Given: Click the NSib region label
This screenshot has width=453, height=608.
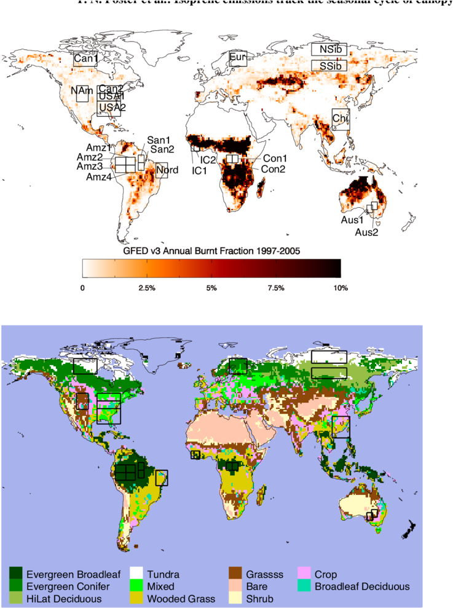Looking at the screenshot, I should point(329,49).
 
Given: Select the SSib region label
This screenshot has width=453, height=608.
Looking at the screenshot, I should point(329,66).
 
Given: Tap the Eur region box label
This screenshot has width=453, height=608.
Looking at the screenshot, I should point(238,58).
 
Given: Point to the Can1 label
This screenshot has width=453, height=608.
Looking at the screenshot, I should point(85,59).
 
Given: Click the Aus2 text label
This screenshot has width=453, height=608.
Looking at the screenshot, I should point(367,232).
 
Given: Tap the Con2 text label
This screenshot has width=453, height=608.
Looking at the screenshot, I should point(273,168).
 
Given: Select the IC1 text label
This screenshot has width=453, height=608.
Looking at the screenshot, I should point(199,170).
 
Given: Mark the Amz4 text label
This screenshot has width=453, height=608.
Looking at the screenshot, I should point(98,177).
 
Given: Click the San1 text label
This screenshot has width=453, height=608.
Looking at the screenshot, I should point(159,140).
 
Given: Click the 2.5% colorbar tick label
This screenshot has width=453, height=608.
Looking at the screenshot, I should point(147,288).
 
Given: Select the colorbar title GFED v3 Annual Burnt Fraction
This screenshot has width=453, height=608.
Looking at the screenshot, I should point(211,251).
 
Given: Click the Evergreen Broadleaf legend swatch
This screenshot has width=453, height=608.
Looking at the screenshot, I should point(15,575).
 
